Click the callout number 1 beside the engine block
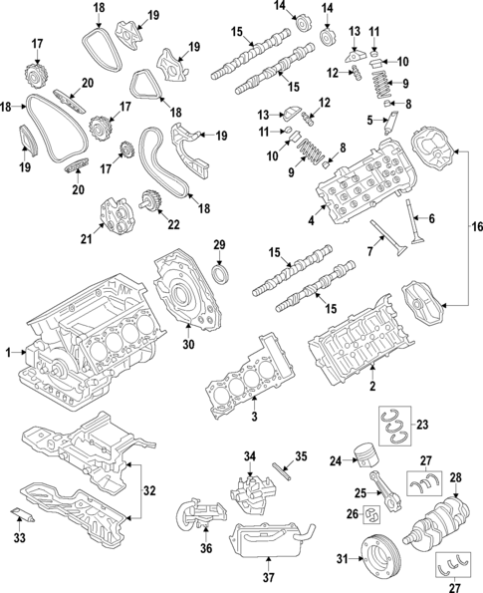(x=8, y=352)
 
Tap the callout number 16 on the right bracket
(x=475, y=227)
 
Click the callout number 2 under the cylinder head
(x=372, y=387)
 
